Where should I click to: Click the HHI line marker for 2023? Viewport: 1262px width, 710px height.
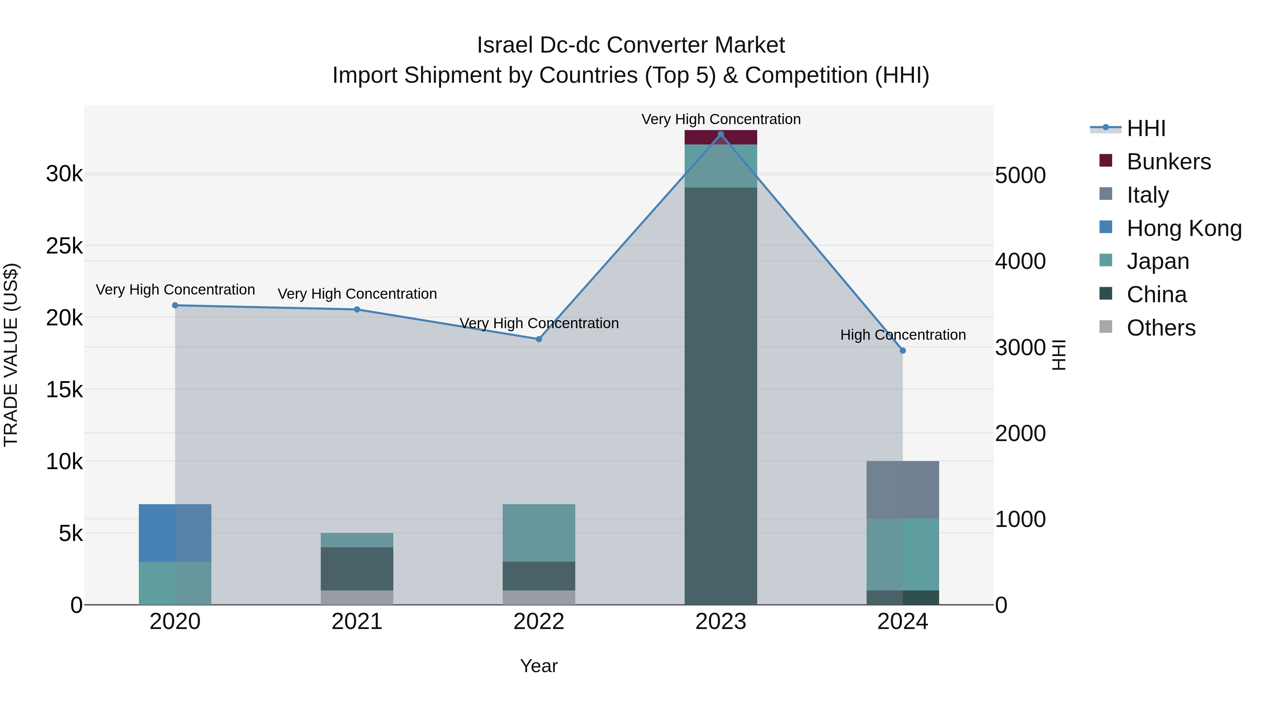coord(721,134)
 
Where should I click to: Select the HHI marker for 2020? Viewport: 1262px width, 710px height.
coord(175,305)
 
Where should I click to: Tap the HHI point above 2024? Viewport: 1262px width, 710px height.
coord(903,350)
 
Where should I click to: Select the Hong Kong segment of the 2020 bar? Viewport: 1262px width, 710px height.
coord(175,533)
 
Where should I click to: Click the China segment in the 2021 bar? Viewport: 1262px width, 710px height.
coord(357,568)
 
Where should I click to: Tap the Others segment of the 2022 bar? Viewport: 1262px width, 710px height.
coord(539,597)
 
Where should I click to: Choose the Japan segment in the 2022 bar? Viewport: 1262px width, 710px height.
coord(539,533)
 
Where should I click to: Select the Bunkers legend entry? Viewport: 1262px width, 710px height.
coord(1168,162)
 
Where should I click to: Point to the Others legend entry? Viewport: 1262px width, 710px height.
coord(1161,328)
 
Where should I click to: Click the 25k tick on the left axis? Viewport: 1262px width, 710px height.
coord(64,246)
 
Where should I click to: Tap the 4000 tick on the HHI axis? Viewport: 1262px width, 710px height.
coord(1020,261)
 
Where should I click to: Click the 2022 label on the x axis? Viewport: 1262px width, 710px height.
coord(539,622)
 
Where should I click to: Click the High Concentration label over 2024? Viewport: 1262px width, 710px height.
coord(903,335)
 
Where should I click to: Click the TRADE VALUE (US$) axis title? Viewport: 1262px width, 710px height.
coord(11,355)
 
